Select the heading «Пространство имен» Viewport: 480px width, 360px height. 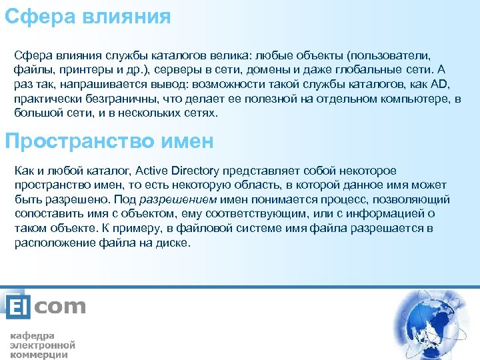pos(109,141)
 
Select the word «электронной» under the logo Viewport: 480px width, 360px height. pos(42,345)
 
